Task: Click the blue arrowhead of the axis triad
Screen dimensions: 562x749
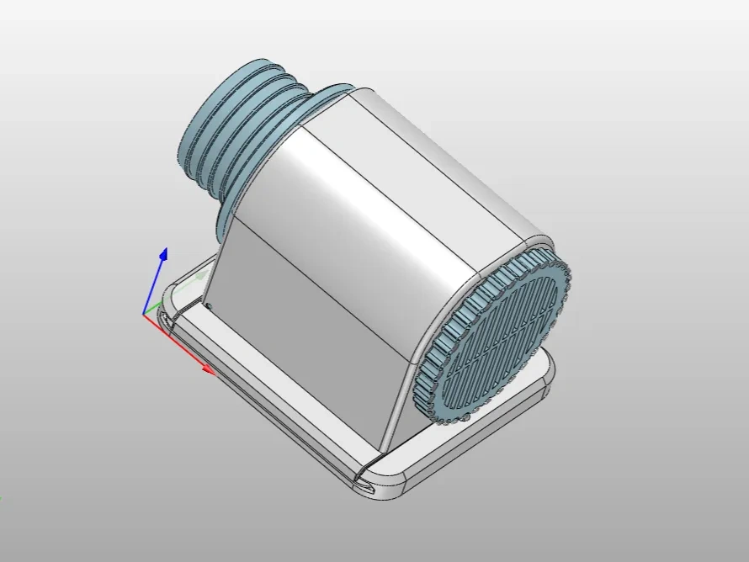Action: pyautogui.click(x=164, y=254)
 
